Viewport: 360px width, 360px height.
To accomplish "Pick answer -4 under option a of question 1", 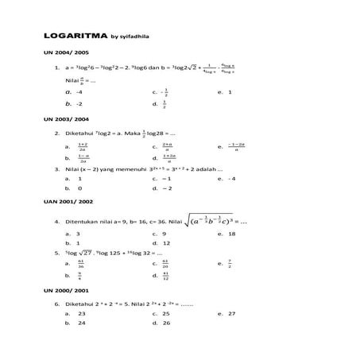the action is point(80,92).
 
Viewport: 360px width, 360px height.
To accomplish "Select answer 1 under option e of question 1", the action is point(230,92).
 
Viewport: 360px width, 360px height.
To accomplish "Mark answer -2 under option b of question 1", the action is point(80,103).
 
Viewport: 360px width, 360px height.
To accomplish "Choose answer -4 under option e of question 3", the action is point(231,179).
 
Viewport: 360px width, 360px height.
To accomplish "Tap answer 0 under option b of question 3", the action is point(79,188).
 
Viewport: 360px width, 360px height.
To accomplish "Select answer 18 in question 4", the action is point(231,234).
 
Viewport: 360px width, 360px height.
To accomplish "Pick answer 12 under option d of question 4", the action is point(167,243).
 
